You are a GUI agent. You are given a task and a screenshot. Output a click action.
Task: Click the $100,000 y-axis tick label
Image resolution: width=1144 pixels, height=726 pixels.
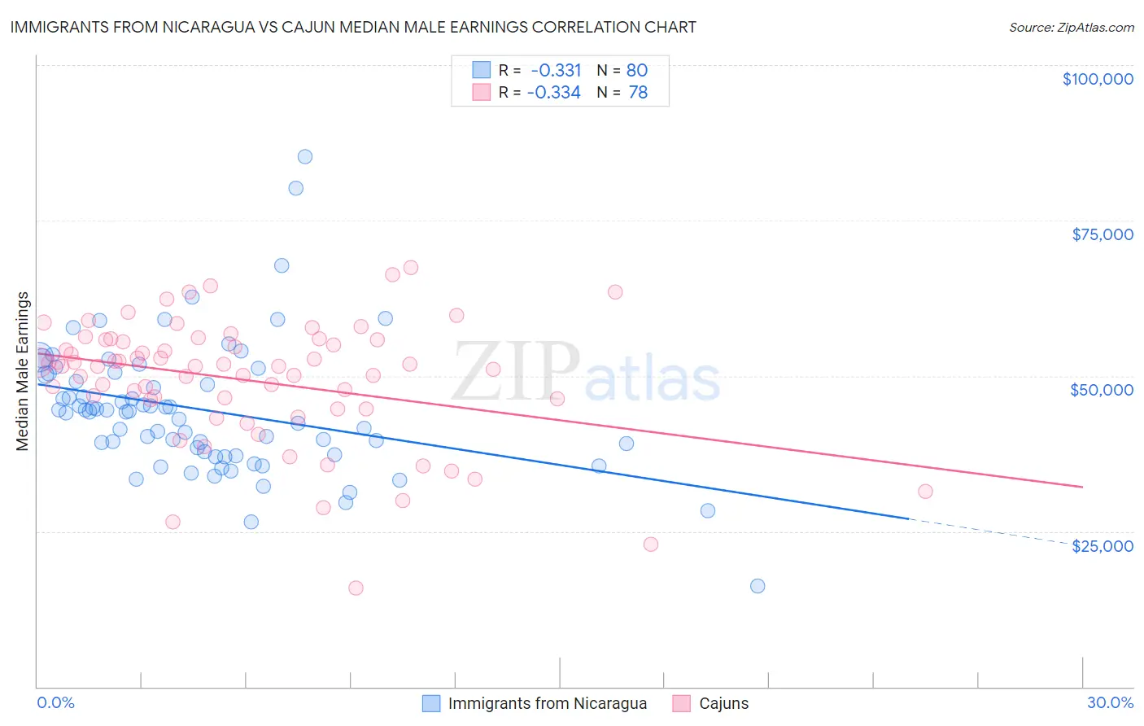click(1097, 79)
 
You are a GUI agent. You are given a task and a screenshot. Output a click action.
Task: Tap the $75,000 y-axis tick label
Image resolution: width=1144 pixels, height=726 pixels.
click(1102, 234)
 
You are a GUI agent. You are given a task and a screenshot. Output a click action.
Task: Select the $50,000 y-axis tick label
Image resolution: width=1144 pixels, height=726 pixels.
click(1101, 390)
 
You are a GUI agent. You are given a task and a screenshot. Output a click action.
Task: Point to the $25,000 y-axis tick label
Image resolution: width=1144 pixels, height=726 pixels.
click(1102, 545)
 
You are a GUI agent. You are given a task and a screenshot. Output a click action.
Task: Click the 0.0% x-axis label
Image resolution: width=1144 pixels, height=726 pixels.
click(55, 702)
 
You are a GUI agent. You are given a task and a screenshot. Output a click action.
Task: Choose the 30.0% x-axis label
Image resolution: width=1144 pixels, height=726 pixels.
click(1110, 702)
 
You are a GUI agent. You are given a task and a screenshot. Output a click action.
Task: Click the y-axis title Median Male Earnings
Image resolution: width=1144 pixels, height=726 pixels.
click(23, 371)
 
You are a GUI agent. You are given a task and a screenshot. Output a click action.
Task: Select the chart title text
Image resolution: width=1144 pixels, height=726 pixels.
click(353, 27)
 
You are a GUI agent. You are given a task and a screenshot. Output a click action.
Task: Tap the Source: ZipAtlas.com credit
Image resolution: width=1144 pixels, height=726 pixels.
click(1071, 28)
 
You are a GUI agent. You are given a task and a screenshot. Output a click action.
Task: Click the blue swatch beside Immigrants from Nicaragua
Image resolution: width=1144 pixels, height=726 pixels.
click(431, 703)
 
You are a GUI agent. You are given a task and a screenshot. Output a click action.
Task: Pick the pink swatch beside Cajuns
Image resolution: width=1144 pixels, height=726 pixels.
click(682, 703)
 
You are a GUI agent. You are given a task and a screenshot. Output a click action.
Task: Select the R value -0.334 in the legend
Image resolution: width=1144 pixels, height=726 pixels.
click(554, 93)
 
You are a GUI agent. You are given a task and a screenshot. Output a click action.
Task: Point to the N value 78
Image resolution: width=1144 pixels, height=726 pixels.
click(638, 93)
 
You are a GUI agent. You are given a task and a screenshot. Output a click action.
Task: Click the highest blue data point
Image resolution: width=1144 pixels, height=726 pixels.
click(304, 156)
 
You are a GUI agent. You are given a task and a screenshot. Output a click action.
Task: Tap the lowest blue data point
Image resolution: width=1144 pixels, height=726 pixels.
click(758, 586)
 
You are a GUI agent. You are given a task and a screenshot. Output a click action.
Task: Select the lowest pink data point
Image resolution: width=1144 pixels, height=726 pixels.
click(356, 588)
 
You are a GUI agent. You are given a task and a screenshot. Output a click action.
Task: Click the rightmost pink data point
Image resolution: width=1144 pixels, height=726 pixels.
click(925, 492)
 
